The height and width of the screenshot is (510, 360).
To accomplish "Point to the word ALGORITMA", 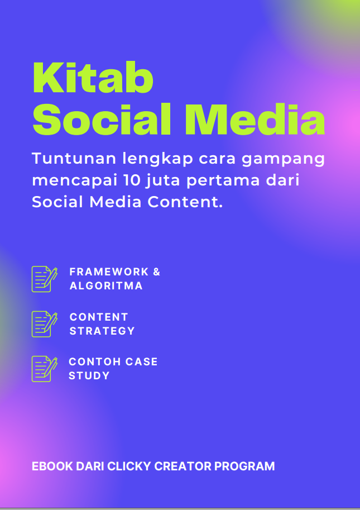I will pos(106,286).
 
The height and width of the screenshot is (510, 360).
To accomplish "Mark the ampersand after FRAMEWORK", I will pos(156,272).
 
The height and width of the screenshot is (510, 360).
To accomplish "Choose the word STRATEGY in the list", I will pos(102,331).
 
